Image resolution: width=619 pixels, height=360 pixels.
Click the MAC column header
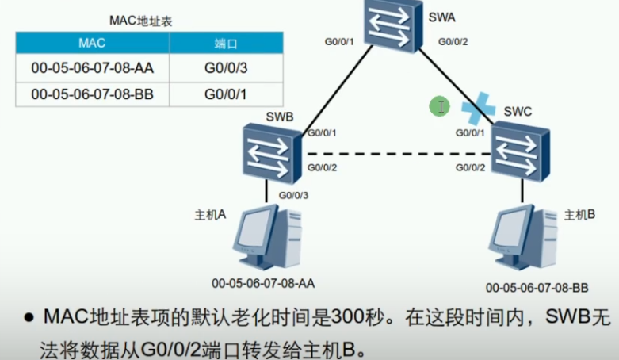92,43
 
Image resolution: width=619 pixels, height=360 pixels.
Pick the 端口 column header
226,43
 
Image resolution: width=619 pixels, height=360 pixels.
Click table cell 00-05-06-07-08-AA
92,68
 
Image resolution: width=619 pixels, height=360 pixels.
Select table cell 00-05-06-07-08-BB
92,94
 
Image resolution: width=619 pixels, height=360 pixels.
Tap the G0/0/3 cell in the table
226,68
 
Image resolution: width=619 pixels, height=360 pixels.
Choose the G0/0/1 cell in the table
226,94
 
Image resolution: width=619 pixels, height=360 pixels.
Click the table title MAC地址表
140,21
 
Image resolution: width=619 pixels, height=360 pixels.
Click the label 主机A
211,215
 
